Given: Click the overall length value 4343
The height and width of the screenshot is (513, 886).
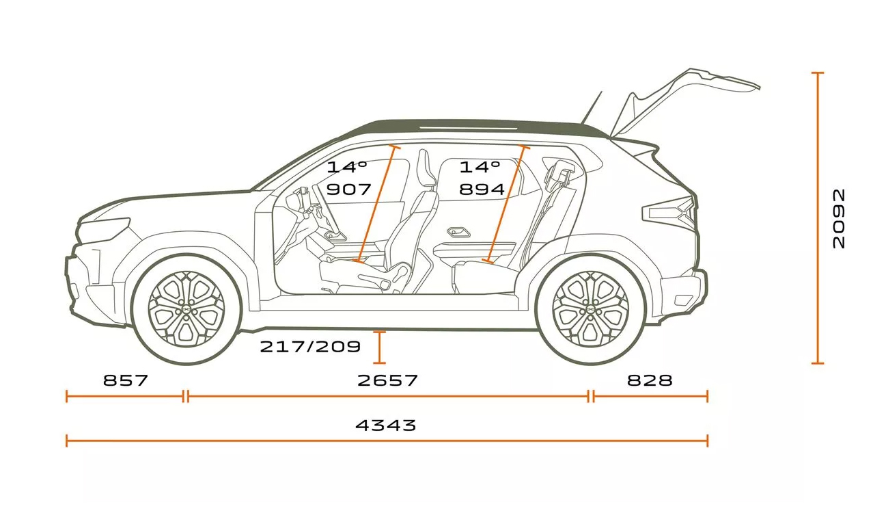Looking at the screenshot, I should click(385, 425).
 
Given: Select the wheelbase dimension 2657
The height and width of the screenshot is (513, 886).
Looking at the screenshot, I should click(387, 380).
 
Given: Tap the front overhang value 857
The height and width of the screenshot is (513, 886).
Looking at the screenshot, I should click(125, 380).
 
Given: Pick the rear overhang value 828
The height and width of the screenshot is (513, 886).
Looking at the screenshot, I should click(649, 380).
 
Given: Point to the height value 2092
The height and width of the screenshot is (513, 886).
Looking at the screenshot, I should click(839, 218).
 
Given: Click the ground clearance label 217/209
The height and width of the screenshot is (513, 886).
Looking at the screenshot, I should click(309, 347).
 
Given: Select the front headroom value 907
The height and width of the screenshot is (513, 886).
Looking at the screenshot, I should click(348, 189).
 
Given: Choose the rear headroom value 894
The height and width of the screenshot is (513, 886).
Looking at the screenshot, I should click(482, 189).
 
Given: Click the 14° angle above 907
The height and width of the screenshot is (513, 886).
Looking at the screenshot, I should click(346, 167).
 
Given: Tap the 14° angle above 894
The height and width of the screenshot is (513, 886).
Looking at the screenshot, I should click(480, 167).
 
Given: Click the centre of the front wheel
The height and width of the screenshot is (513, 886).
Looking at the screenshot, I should click(186, 309).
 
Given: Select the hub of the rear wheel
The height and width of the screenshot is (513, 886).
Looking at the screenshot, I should click(590, 309).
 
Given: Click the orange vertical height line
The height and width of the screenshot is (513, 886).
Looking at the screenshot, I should click(817, 218).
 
